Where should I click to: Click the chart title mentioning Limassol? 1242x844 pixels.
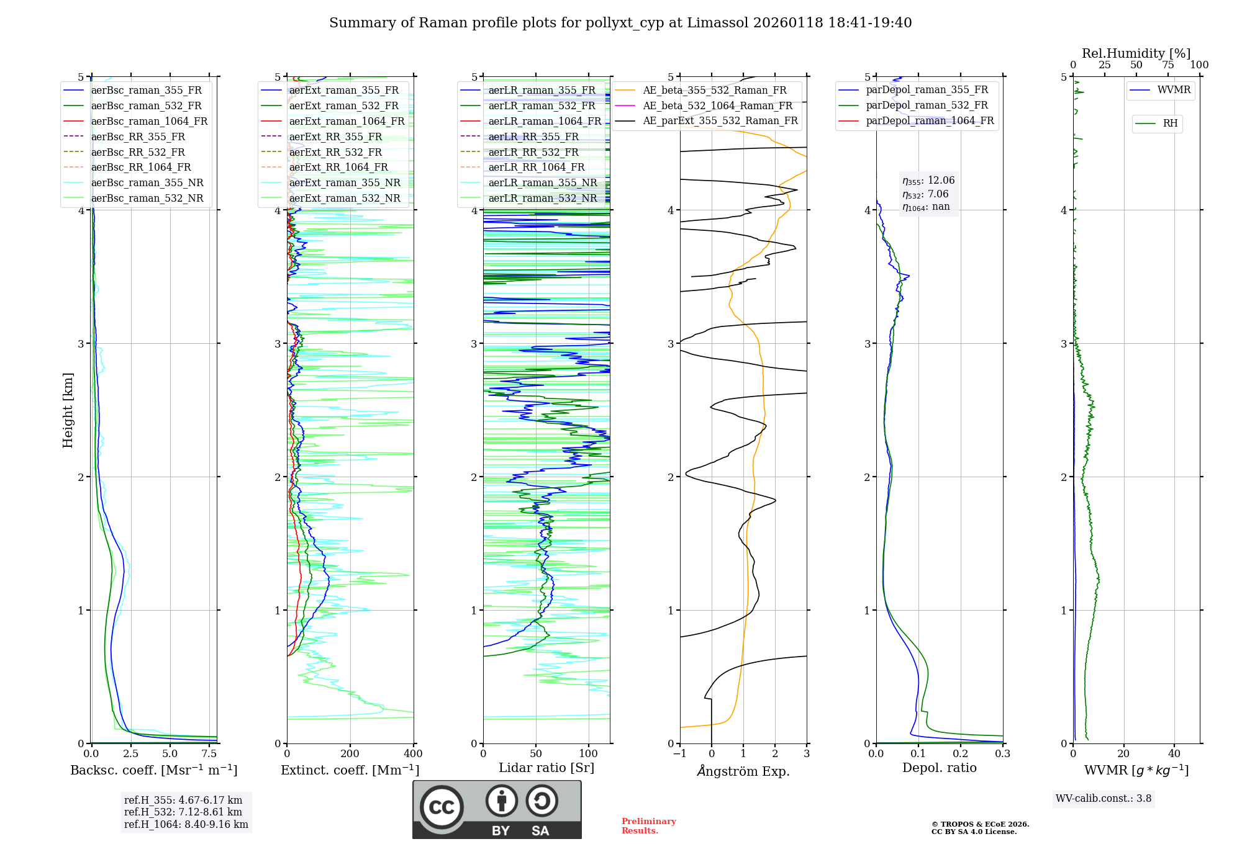tap(620, 23)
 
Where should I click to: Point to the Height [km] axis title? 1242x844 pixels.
tap(68, 410)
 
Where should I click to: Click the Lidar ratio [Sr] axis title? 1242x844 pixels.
tap(546, 768)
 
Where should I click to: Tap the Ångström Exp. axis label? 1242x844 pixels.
tap(743, 771)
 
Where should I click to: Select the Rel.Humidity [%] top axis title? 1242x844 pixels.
tap(1136, 53)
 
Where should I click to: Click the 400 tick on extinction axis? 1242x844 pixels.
tap(413, 754)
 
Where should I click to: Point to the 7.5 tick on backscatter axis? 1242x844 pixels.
tap(209, 754)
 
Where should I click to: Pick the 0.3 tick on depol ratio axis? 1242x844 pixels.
tap(1002, 754)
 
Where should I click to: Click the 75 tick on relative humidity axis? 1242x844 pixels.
tap(1167, 65)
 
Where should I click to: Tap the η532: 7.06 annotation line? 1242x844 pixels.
tap(925, 194)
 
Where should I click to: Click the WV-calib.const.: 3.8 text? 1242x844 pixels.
tap(1104, 799)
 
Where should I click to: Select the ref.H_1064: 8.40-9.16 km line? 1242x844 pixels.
tap(186, 824)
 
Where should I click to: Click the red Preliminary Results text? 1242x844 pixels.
tap(648, 826)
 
